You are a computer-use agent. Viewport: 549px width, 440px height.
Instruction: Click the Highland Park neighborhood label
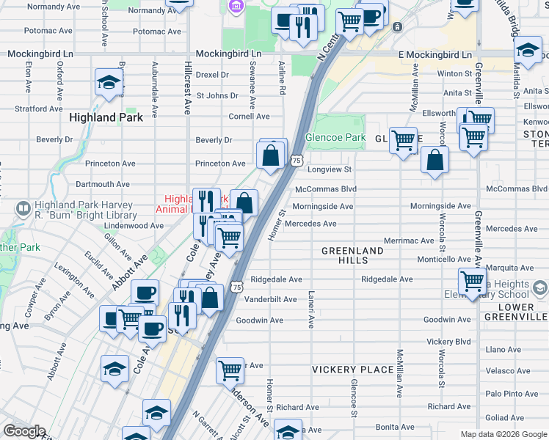coord(103,117)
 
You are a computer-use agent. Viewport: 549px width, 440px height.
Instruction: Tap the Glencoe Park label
coord(335,137)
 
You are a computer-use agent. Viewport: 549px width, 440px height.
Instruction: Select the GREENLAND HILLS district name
coord(352,255)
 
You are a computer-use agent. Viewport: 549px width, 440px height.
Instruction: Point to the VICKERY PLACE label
coord(352,370)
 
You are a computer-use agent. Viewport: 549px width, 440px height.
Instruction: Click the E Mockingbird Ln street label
coord(435,55)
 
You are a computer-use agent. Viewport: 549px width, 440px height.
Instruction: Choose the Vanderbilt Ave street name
coord(270,299)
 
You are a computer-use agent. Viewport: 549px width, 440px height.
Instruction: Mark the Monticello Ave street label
coord(443,260)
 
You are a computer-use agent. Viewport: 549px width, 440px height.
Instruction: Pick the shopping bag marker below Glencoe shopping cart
coord(435,161)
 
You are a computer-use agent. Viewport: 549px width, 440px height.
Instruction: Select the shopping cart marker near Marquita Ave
coord(472,280)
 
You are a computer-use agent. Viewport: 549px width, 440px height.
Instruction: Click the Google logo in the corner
coord(24,431)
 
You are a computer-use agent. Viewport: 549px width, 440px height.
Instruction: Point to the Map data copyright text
coord(502,434)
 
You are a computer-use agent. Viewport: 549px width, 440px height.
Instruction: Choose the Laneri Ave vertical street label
coord(310,317)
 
